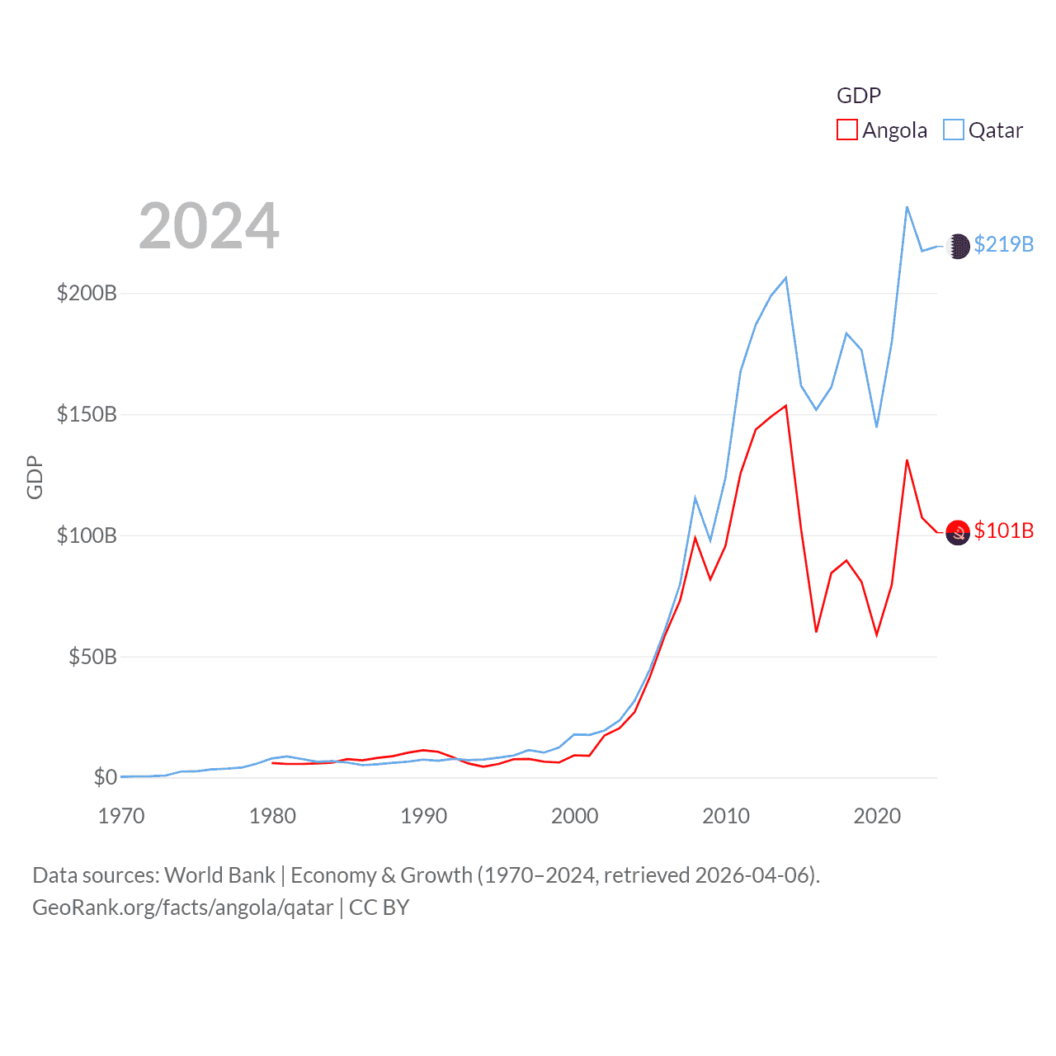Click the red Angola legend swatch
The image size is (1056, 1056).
click(x=846, y=130)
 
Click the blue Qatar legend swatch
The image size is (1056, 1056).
click(x=953, y=130)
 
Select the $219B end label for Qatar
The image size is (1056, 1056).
click(x=1003, y=244)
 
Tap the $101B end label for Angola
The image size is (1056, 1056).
click(x=1003, y=530)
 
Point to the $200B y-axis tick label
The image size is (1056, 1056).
click(x=87, y=293)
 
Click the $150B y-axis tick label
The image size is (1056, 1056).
click(x=87, y=414)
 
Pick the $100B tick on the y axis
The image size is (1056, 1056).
click(x=87, y=535)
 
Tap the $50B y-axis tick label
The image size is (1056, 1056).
click(x=92, y=657)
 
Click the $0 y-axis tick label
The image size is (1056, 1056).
click(x=105, y=777)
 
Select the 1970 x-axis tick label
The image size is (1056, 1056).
click(x=121, y=816)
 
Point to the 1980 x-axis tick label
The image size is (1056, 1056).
click(x=272, y=816)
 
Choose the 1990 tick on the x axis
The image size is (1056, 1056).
click(x=423, y=816)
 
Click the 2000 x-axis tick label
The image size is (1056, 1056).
click(x=575, y=816)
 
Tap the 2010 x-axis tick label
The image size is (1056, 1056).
click(x=726, y=816)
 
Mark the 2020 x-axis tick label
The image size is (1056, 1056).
click(x=877, y=816)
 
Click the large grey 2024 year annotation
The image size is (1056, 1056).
click(x=209, y=226)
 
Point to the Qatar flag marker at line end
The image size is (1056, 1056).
click(x=958, y=246)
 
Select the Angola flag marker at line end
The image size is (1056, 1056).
click(x=958, y=533)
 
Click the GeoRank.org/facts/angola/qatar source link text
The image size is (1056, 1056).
click(x=182, y=907)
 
